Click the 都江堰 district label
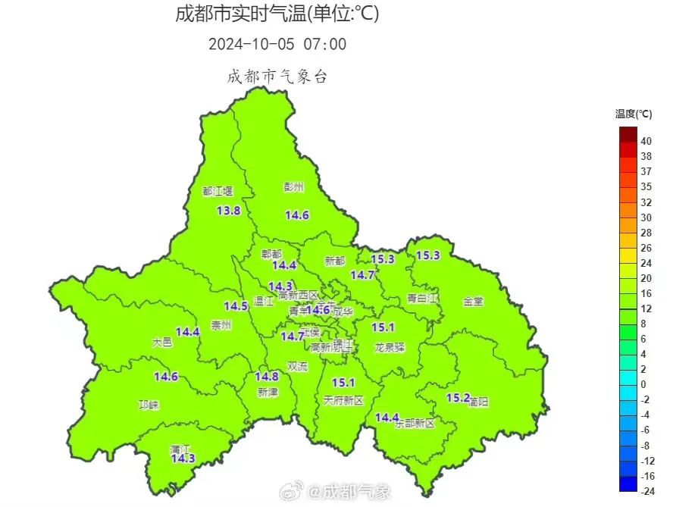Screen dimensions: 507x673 (218, 192)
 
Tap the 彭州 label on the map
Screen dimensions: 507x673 (293, 187)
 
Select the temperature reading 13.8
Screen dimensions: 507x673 (228, 211)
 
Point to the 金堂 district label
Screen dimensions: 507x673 (473, 301)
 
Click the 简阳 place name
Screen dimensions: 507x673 (478, 402)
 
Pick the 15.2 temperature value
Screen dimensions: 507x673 (458, 397)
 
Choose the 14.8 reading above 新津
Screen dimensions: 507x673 (267, 377)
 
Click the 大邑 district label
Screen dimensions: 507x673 (162, 343)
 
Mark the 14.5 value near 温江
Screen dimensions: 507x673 (236, 306)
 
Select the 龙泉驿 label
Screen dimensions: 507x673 (390, 347)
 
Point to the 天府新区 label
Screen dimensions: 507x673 (343, 399)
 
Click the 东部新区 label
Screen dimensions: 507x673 (415, 423)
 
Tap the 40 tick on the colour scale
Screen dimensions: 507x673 (646, 141)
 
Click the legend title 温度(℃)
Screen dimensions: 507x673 (634, 114)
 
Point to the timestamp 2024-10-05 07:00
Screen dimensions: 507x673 (277, 44)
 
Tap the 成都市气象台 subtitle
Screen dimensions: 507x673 (277, 77)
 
